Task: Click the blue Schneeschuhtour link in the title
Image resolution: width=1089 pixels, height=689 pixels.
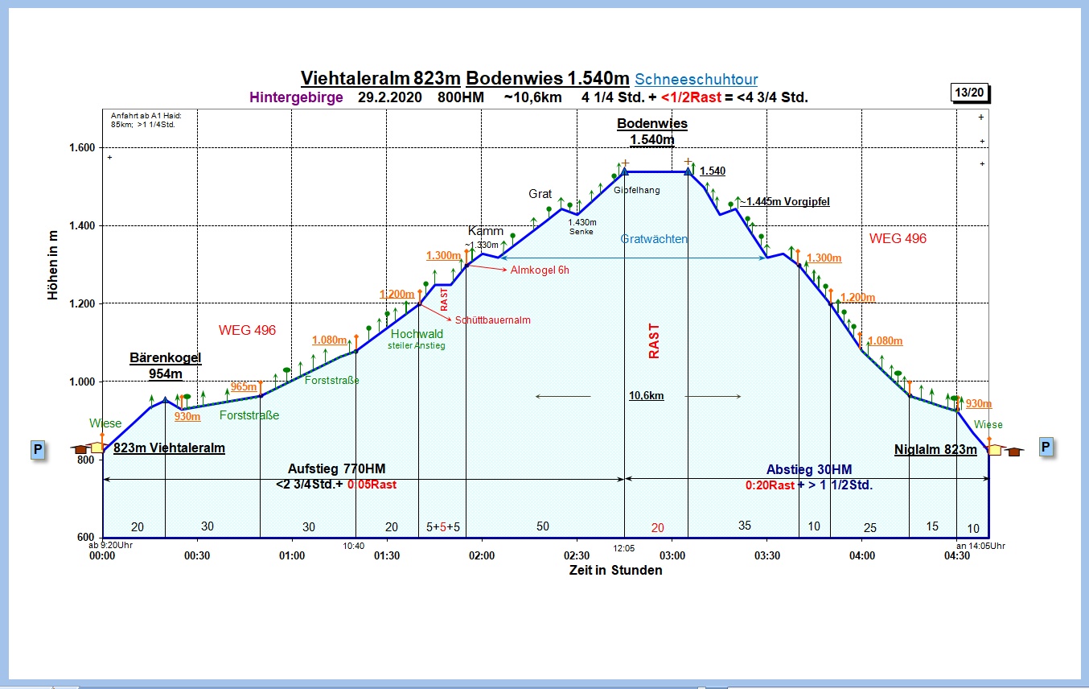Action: click(x=696, y=79)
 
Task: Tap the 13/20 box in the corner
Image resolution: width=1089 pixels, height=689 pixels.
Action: click(x=969, y=93)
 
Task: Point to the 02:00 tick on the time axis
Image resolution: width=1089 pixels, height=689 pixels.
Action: click(x=482, y=555)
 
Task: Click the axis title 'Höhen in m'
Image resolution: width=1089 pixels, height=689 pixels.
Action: click(x=53, y=264)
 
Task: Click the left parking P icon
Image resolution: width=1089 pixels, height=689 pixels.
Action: click(x=37, y=449)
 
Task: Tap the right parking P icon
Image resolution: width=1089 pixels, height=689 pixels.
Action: click(x=1046, y=447)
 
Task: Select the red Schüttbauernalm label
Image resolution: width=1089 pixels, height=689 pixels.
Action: click(x=492, y=320)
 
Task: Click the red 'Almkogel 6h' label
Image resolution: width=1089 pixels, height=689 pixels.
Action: click(x=539, y=270)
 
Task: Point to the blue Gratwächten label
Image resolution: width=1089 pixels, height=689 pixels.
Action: click(x=654, y=239)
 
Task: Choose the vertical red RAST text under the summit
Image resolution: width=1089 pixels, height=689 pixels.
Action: click(x=653, y=340)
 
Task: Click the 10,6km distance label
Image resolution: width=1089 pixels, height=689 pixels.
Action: click(x=646, y=396)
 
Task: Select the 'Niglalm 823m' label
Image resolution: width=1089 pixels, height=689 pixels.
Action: click(x=935, y=450)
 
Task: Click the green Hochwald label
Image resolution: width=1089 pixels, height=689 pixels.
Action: click(x=417, y=334)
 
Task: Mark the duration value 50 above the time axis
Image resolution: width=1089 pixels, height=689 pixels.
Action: click(x=543, y=526)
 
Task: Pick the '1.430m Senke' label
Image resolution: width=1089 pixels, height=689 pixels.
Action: click(x=581, y=226)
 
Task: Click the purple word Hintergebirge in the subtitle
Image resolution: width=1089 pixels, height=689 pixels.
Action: click(x=296, y=98)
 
